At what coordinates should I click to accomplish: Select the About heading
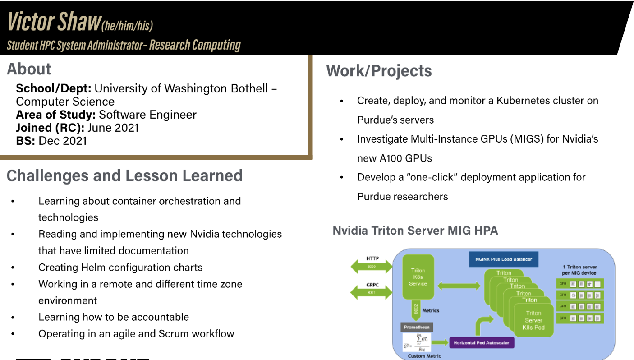(x=29, y=69)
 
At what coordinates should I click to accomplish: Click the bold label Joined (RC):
(x=50, y=128)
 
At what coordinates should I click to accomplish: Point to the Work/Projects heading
(x=379, y=71)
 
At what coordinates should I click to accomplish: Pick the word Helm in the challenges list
(x=103, y=268)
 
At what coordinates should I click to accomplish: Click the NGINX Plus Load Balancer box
(x=504, y=259)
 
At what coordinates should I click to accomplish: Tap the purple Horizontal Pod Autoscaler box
(x=481, y=343)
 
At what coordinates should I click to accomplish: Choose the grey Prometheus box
(x=417, y=327)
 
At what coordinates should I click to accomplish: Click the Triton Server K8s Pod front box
(x=533, y=320)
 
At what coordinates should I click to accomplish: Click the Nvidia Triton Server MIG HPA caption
(x=415, y=231)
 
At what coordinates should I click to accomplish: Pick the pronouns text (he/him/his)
(x=127, y=26)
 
